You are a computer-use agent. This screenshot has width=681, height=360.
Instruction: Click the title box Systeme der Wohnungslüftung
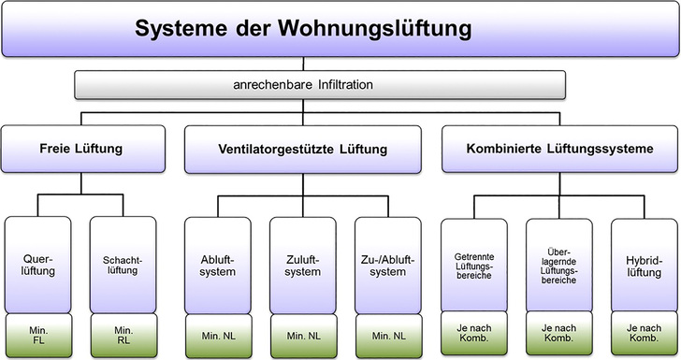(340, 30)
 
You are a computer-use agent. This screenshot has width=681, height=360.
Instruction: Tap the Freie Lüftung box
(81, 148)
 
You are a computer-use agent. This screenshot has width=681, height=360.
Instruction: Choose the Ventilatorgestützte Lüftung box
(300, 148)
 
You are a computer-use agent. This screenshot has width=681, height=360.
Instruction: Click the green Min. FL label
(38, 335)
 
